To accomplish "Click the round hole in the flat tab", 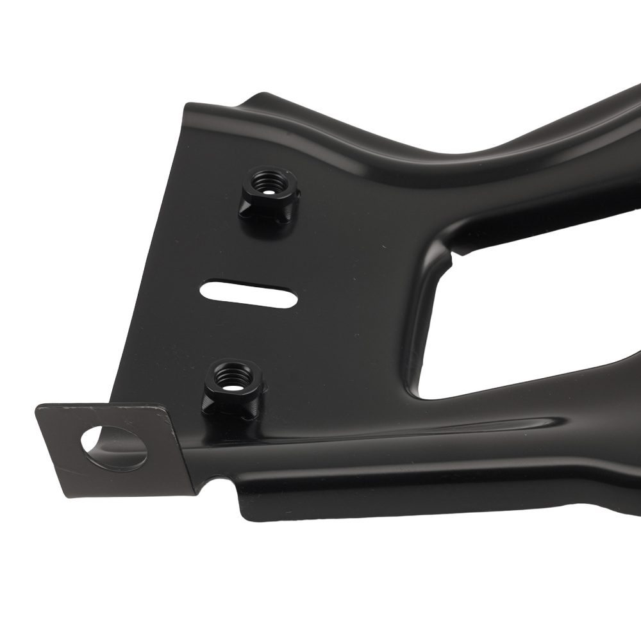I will click(x=114, y=447).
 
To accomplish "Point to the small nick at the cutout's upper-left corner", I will click(x=454, y=256).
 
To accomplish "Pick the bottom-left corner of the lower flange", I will click(x=242, y=513).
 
